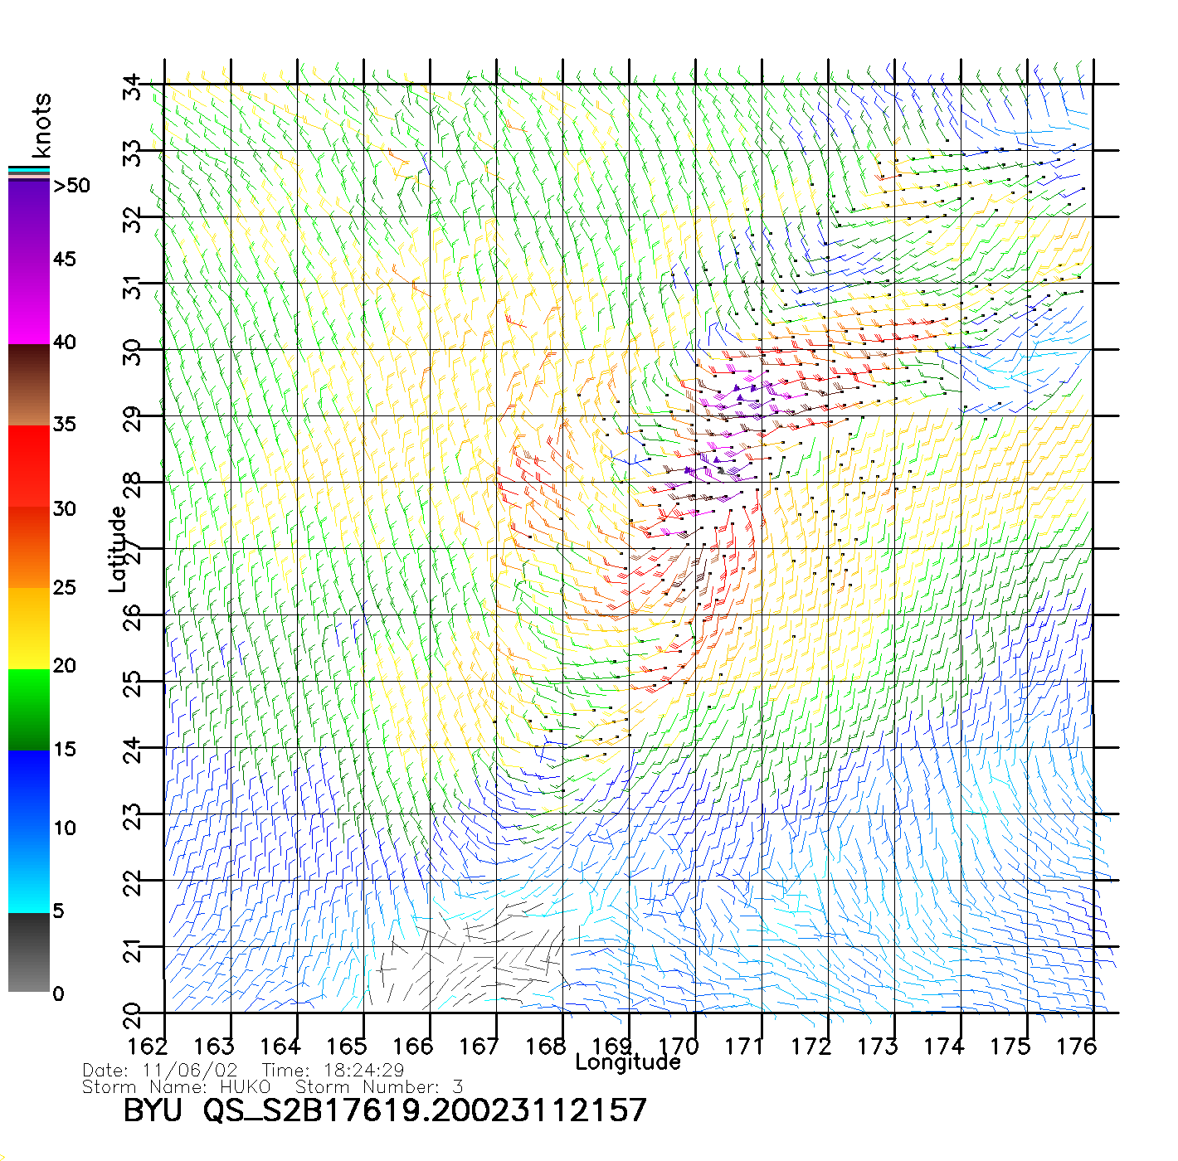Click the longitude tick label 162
coord(148,1047)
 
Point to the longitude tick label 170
coord(679,1047)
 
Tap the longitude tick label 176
coord(1077,1047)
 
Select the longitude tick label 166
coord(413,1047)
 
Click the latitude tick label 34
coord(133,87)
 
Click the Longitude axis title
coord(628,1062)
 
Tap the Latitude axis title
coord(118,548)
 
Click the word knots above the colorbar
coord(41,125)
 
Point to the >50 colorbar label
coord(71,186)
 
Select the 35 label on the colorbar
coord(64,425)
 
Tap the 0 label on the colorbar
coord(58,993)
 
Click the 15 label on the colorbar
coord(64,749)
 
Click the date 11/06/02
coord(190,1071)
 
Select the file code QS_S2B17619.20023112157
coord(425,1110)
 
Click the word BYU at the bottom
coord(153,1110)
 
